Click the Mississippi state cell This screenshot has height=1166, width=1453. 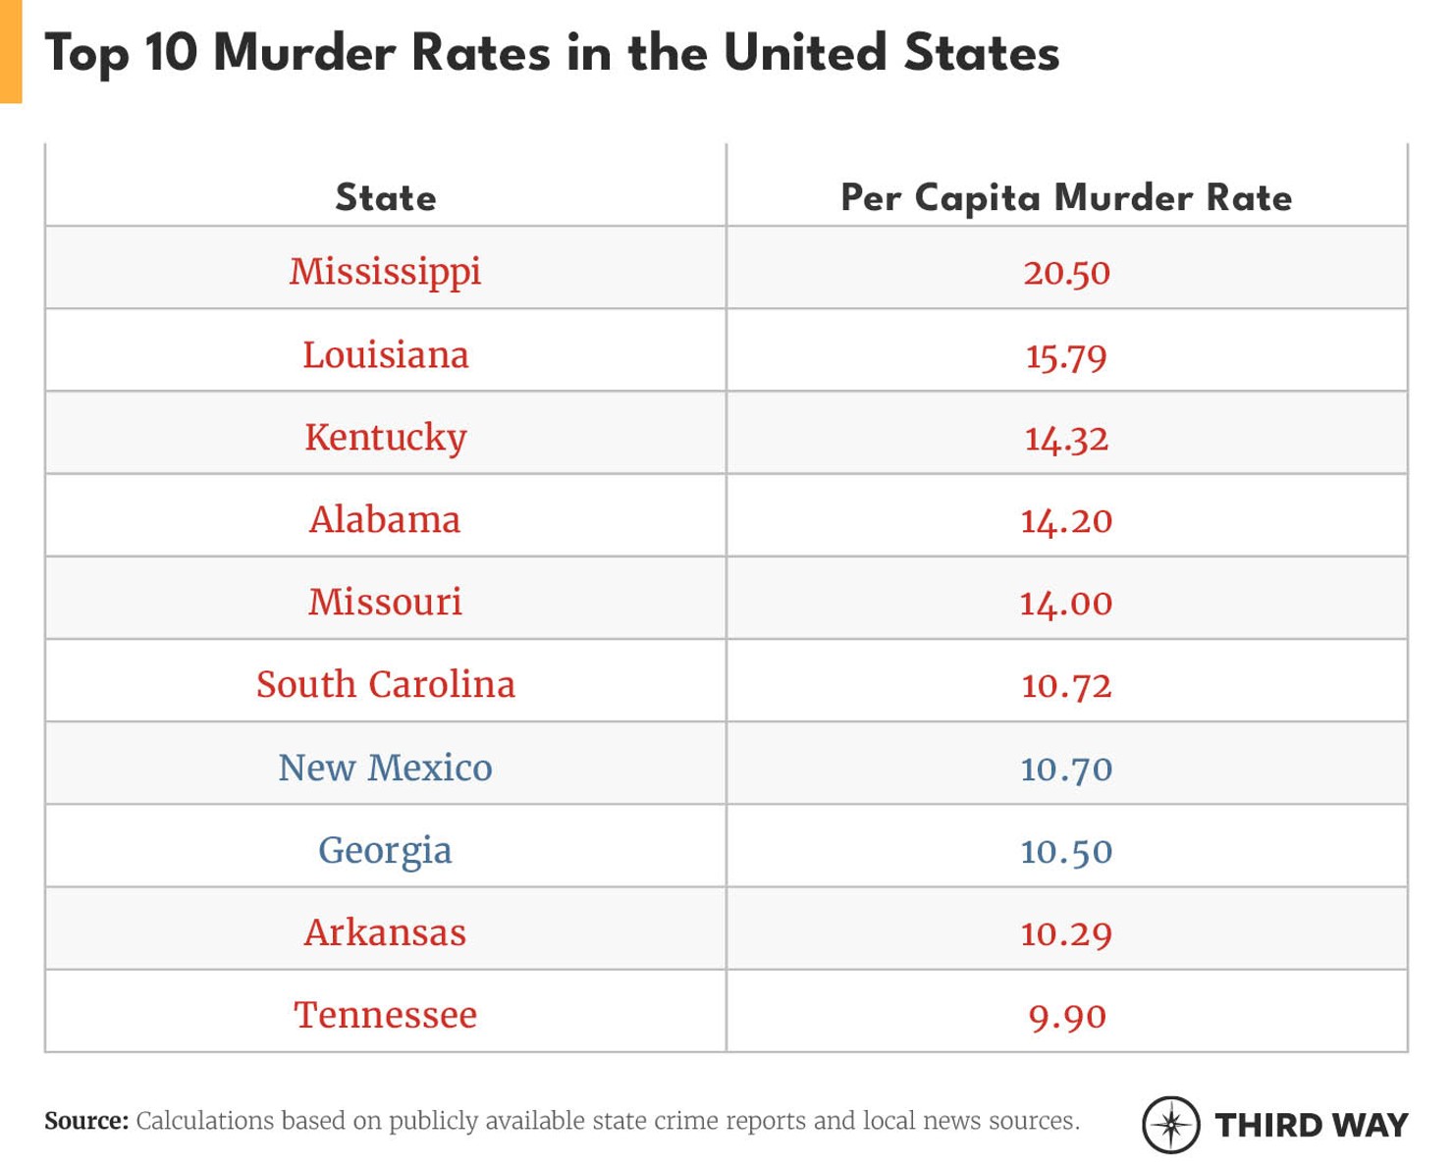pos(385,272)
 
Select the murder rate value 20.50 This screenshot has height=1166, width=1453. pos(1066,273)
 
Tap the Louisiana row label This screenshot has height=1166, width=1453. pos(385,354)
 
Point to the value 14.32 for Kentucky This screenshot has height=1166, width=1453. pos(1066,438)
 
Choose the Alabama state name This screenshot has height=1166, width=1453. pos(385,519)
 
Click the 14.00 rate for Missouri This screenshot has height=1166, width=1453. pos(1066,603)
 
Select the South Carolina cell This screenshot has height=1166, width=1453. pos(385,684)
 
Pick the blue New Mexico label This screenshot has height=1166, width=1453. pos(385,768)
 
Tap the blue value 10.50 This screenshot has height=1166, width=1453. pos(1066,851)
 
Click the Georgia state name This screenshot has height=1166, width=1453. pos(385,851)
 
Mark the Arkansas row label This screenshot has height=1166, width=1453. pos(385,932)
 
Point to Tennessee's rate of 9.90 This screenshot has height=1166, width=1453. pos(1066,1016)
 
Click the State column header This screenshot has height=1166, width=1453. pos(385,197)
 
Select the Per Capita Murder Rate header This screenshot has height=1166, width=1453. pos(1066,197)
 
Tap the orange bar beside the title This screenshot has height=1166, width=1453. pos(11,51)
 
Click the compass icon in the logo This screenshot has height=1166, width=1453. pos(1170,1124)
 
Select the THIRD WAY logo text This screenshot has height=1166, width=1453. pos(1311,1125)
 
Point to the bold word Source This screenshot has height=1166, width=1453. pos(86,1121)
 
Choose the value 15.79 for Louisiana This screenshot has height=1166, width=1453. pos(1066,355)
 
